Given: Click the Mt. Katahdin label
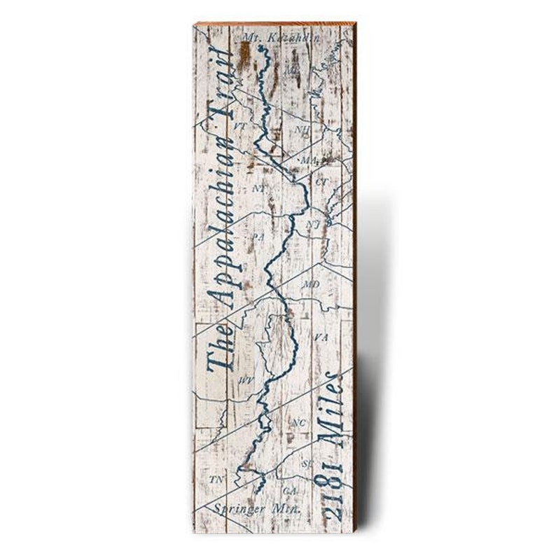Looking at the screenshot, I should pyautogui.click(x=272, y=36).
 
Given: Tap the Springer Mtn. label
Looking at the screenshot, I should pyautogui.click(x=258, y=509).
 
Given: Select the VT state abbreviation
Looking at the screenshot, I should pyautogui.click(x=240, y=127).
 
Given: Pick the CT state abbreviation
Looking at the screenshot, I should pyautogui.click(x=321, y=181).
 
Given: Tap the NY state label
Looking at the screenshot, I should pyautogui.click(x=258, y=189).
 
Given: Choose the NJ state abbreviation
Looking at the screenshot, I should pyautogui.click(x=312, y=224).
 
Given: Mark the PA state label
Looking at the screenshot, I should pyautogui.click(x=258, y=237).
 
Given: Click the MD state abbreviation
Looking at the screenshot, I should pyautogui.click(x=312, y=284).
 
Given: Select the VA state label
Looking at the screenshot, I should pyautogui.click(x=321, y=338).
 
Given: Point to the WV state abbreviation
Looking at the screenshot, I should pyautogui.click(x=246, y=380).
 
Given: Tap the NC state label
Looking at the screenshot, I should pyautogui.click(x=299, y=423).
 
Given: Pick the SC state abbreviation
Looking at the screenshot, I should pyautogui.click(x=307, y=463).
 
